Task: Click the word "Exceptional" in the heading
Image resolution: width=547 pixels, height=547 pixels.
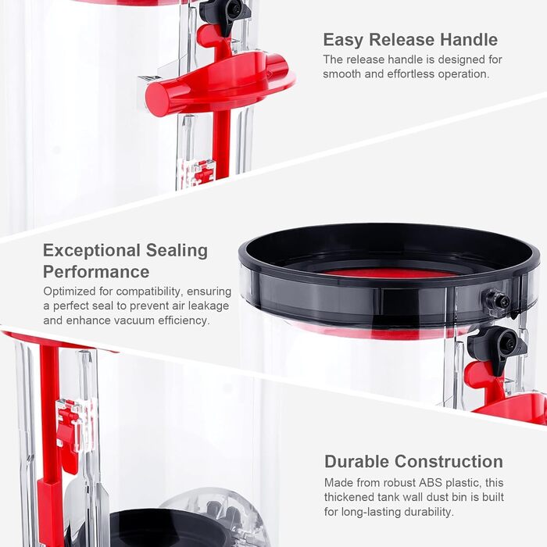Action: pos(91,251)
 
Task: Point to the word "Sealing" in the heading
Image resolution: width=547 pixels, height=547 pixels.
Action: pos(177,251)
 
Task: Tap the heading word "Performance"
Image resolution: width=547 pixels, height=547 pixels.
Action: pos(96,271)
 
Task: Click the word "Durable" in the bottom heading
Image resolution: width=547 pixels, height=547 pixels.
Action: pos(357,461)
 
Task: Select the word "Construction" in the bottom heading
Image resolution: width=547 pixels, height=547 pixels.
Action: pos(449,461)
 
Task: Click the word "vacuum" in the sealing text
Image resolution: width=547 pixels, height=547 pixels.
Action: pos(132,320)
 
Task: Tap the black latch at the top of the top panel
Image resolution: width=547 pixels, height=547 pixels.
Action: pos(225,13)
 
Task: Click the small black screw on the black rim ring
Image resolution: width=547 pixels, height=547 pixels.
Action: pos(495,301)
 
